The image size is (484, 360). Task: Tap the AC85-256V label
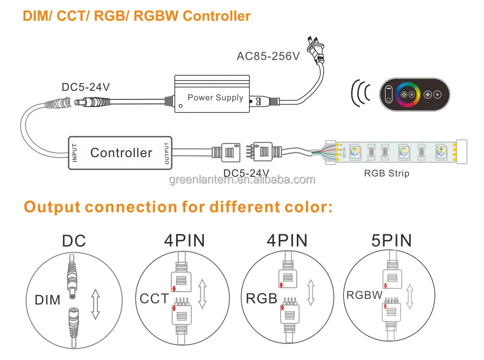coord(268,56)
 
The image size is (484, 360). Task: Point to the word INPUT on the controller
coord(75,153)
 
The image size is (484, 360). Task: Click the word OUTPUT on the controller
coord(167,153)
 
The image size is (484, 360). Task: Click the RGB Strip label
coord(386,174)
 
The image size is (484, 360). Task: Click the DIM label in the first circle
coord(48,300)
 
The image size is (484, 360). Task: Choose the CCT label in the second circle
coord(154,298)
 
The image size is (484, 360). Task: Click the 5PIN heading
coord(391,241)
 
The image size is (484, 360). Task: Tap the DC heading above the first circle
coord(74,241)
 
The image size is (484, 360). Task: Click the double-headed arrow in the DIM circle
coord(95,304)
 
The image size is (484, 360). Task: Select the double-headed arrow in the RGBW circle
coord(409,296)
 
